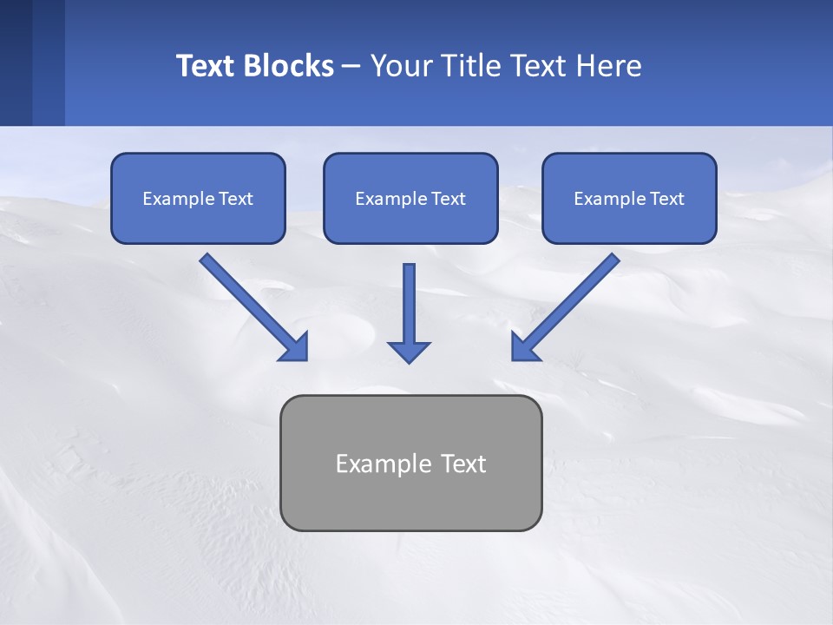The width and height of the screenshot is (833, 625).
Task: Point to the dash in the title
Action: (351, 67)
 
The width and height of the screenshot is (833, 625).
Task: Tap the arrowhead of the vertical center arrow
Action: (409, 352)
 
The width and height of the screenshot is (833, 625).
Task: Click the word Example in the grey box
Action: (384, 464)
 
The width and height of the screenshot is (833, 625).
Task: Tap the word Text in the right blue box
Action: (666, 199)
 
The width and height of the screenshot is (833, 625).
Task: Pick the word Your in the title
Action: (401, 66)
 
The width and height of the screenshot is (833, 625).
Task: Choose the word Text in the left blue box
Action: (236, 199)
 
